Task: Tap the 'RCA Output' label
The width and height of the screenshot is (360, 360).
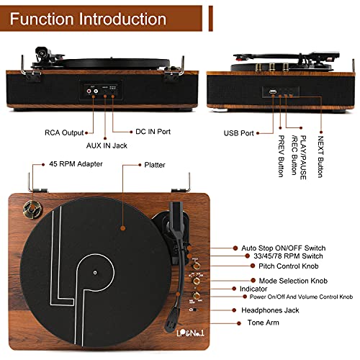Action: (61, 132)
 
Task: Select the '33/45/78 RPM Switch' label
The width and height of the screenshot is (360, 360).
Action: (295, 256)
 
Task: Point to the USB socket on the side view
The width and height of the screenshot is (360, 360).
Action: (274, 92)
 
